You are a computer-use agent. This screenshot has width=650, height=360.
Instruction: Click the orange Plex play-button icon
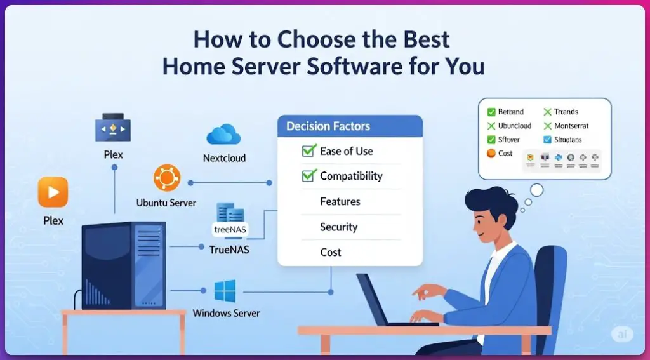coord(53,192)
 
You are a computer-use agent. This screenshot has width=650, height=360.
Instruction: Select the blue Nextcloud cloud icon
coord(223,135)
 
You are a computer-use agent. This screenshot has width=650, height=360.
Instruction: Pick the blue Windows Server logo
coord(225,291)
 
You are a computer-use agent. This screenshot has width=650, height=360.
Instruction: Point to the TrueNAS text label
coord(229,250)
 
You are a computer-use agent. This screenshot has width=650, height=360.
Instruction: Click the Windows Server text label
coord(226,313)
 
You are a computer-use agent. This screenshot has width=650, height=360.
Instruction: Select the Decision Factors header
coord(328,126)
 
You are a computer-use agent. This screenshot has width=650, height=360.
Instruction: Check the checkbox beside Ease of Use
coord(308,151)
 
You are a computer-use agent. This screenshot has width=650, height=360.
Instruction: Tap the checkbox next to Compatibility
coord(308,176)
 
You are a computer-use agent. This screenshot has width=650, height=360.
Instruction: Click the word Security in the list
coord(338,227)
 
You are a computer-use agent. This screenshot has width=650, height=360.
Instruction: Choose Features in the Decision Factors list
coord(340,201)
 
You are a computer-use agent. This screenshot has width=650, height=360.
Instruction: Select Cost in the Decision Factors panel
coord(330,252)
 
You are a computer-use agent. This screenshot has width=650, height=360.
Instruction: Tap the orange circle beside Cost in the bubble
coord(491,153)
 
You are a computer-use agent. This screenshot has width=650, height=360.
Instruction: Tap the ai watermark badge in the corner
coord(621,334)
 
